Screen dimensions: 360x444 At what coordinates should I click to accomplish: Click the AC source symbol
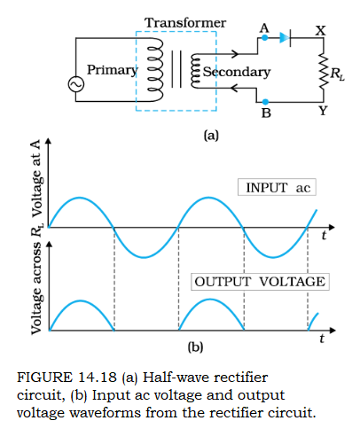[x=76, y=84]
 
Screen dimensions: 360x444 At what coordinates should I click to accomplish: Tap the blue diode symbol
[x=286, y=38]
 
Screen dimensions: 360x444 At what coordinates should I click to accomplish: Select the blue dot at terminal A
[x=265, y=38]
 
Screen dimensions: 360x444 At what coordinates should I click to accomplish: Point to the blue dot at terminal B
[x=265, y=102]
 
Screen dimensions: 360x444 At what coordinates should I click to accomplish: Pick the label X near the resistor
[x=320, y=30]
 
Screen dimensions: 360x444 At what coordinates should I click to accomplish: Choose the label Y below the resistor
[x=323, y=111]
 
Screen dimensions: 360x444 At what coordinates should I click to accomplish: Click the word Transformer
[x=185, y=23]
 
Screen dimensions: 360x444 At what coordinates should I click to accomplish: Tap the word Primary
[x=113, y=70]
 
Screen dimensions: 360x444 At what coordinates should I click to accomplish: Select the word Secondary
[x=237, y=72]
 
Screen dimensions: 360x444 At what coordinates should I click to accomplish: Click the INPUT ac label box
[x=277, y=187]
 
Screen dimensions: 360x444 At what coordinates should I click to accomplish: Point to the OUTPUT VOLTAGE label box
[x=260, y=282]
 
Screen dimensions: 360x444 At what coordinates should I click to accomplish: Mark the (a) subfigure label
[x=211, y=136]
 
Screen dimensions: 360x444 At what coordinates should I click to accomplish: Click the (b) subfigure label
[x=195, y=347]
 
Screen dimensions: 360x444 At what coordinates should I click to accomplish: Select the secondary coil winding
[x=195, y=71]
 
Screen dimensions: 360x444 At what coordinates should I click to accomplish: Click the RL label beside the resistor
[x=338, y=74]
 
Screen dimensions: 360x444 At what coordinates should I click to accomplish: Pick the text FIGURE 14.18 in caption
[x=67, y=378]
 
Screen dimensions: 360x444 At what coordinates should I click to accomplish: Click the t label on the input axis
[x=325, y=236]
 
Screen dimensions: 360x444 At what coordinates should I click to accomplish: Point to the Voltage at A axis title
[x=37, y=178]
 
